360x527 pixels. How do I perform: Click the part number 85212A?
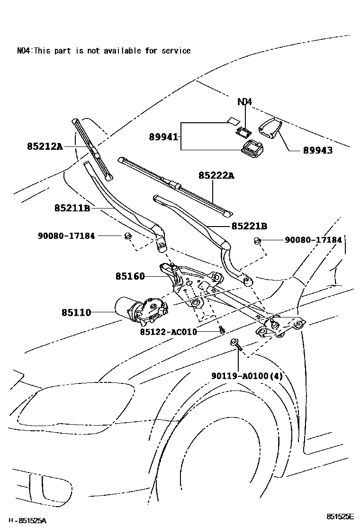tap(45, 147)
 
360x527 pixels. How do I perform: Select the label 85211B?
tap(72, 208)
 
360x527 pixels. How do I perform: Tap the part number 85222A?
tap(216, 176)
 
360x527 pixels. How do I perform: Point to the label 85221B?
tap(250, 226)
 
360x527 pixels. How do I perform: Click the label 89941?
tap(163, 137)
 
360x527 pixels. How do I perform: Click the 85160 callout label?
tap(130, 276)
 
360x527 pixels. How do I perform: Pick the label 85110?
tap(76, 312)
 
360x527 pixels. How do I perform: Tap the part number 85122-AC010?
tap(168, 332)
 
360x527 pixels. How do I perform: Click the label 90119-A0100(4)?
tap(247, 376)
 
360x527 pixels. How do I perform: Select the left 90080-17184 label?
tap(66, 235)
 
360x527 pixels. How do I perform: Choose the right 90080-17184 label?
tap(313, 240)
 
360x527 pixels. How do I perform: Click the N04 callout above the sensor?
tap(245, 101)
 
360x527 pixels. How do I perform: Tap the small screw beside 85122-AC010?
tap(221, 330)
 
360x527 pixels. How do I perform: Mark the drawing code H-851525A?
tap(27, 520)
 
